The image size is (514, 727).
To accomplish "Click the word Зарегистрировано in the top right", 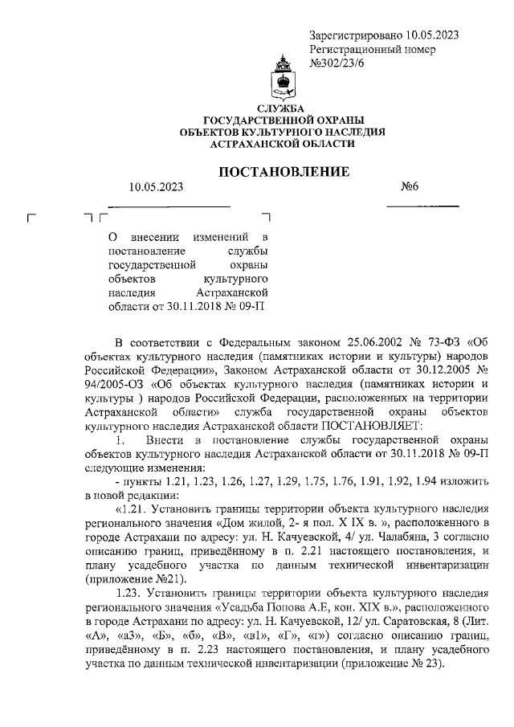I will pyautogui.click(x=357, y=35).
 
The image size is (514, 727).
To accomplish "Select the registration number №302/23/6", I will pyautogui.click(x=337, y=64).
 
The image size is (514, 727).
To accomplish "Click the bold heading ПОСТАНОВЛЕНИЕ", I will pyautogui.click(x=285, y=171).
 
